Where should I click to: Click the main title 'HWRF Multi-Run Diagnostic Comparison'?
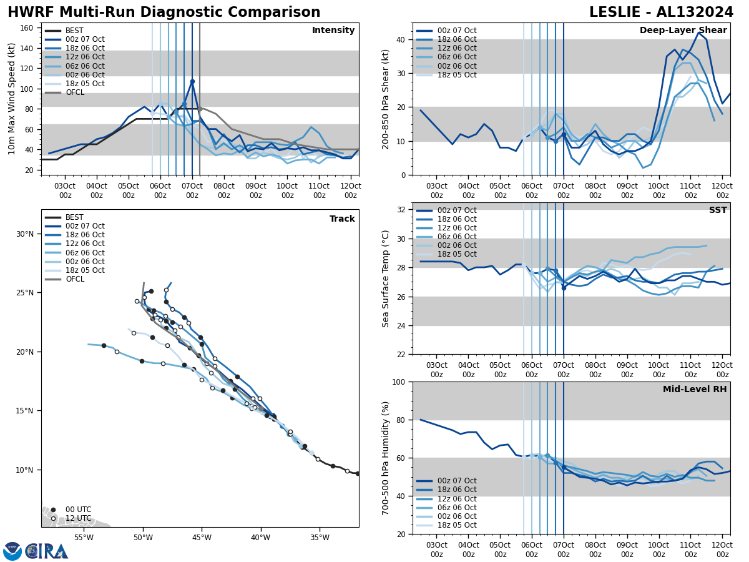coord(164,12)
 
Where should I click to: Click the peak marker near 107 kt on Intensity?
coord(192,81)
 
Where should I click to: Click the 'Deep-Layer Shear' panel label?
coord(683,31)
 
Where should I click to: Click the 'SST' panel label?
coord(717,210)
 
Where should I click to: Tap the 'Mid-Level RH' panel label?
coord(694,390)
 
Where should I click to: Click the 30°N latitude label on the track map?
coord(25,234)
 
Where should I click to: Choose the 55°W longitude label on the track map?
coord(84,537)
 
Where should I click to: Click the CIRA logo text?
coord(47,551)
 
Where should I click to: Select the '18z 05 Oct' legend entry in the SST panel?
coord(459,254)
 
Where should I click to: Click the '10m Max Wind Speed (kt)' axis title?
coord(12,99)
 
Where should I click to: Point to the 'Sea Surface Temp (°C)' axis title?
coord(386,279)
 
